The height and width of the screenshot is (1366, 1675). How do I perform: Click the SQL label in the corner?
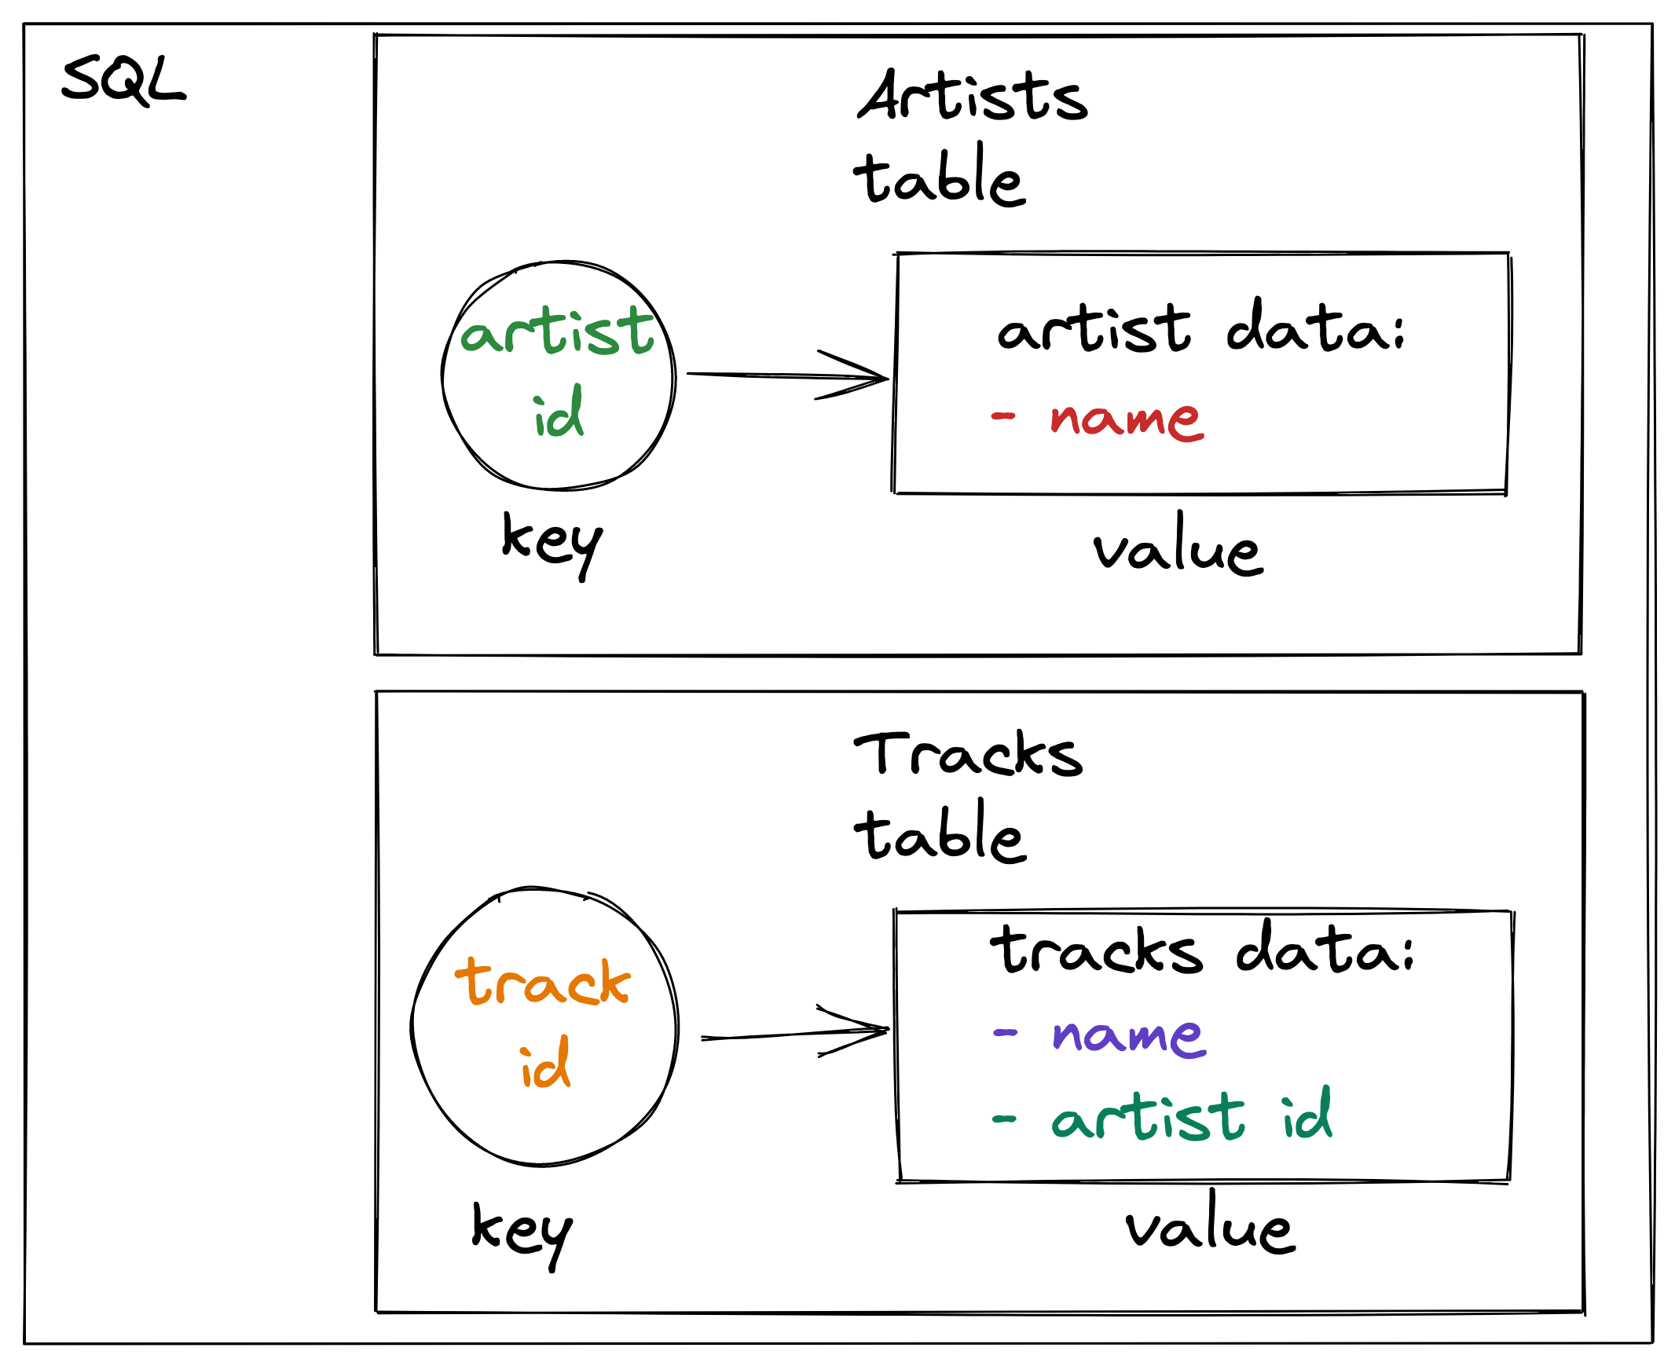[x=123, y=79]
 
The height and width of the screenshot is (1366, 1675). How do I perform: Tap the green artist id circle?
[x=558, y=375]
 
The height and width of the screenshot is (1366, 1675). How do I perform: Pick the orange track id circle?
[x=544, y=1027]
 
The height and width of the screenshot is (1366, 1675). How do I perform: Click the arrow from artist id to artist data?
[x=787, y=376]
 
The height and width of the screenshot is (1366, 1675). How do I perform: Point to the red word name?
[x=1127, y=419]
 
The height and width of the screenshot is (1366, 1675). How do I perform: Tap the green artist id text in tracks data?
[x=1192, y=1116]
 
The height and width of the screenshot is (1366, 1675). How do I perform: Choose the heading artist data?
[x=1201, y=328]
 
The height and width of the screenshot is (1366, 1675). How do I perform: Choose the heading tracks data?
[x=1203, y=950]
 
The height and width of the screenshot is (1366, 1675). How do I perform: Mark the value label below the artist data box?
[x=1178, y=547]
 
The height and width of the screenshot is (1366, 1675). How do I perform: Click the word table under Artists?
[x=940, y=177]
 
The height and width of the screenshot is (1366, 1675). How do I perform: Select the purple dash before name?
[x=1005, y=1033]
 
